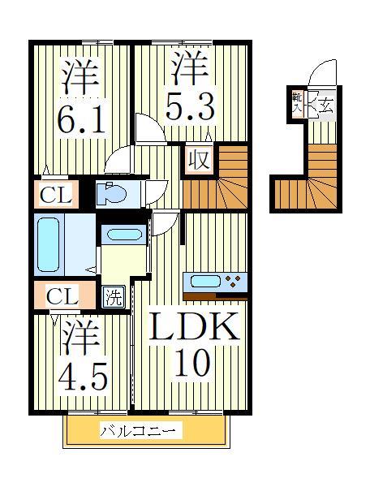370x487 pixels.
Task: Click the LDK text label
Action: (196, 328)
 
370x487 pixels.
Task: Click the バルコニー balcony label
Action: (141, 431)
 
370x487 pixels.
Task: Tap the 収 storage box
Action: (199, 159)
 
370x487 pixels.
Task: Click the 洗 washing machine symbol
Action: (113, 296)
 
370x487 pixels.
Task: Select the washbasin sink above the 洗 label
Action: (123, 235)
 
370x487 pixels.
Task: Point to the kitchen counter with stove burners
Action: (214, 282)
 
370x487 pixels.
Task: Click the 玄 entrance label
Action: (325, 105)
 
